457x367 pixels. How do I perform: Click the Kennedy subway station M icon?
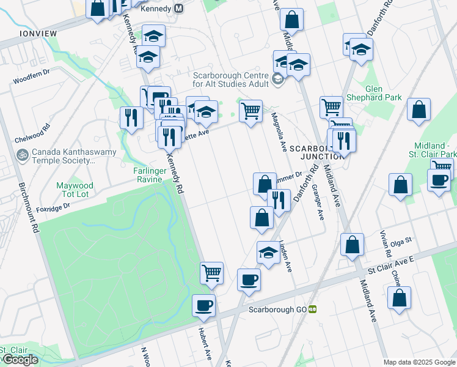click(179, 9)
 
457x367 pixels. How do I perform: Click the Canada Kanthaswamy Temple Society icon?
click(23, 156)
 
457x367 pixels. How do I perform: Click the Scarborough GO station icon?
click(312, 310)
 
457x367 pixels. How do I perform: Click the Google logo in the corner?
click(20, 360)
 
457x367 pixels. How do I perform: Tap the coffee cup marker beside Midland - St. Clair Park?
click(438, 181)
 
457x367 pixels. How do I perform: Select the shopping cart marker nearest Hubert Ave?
click(211, 273)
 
